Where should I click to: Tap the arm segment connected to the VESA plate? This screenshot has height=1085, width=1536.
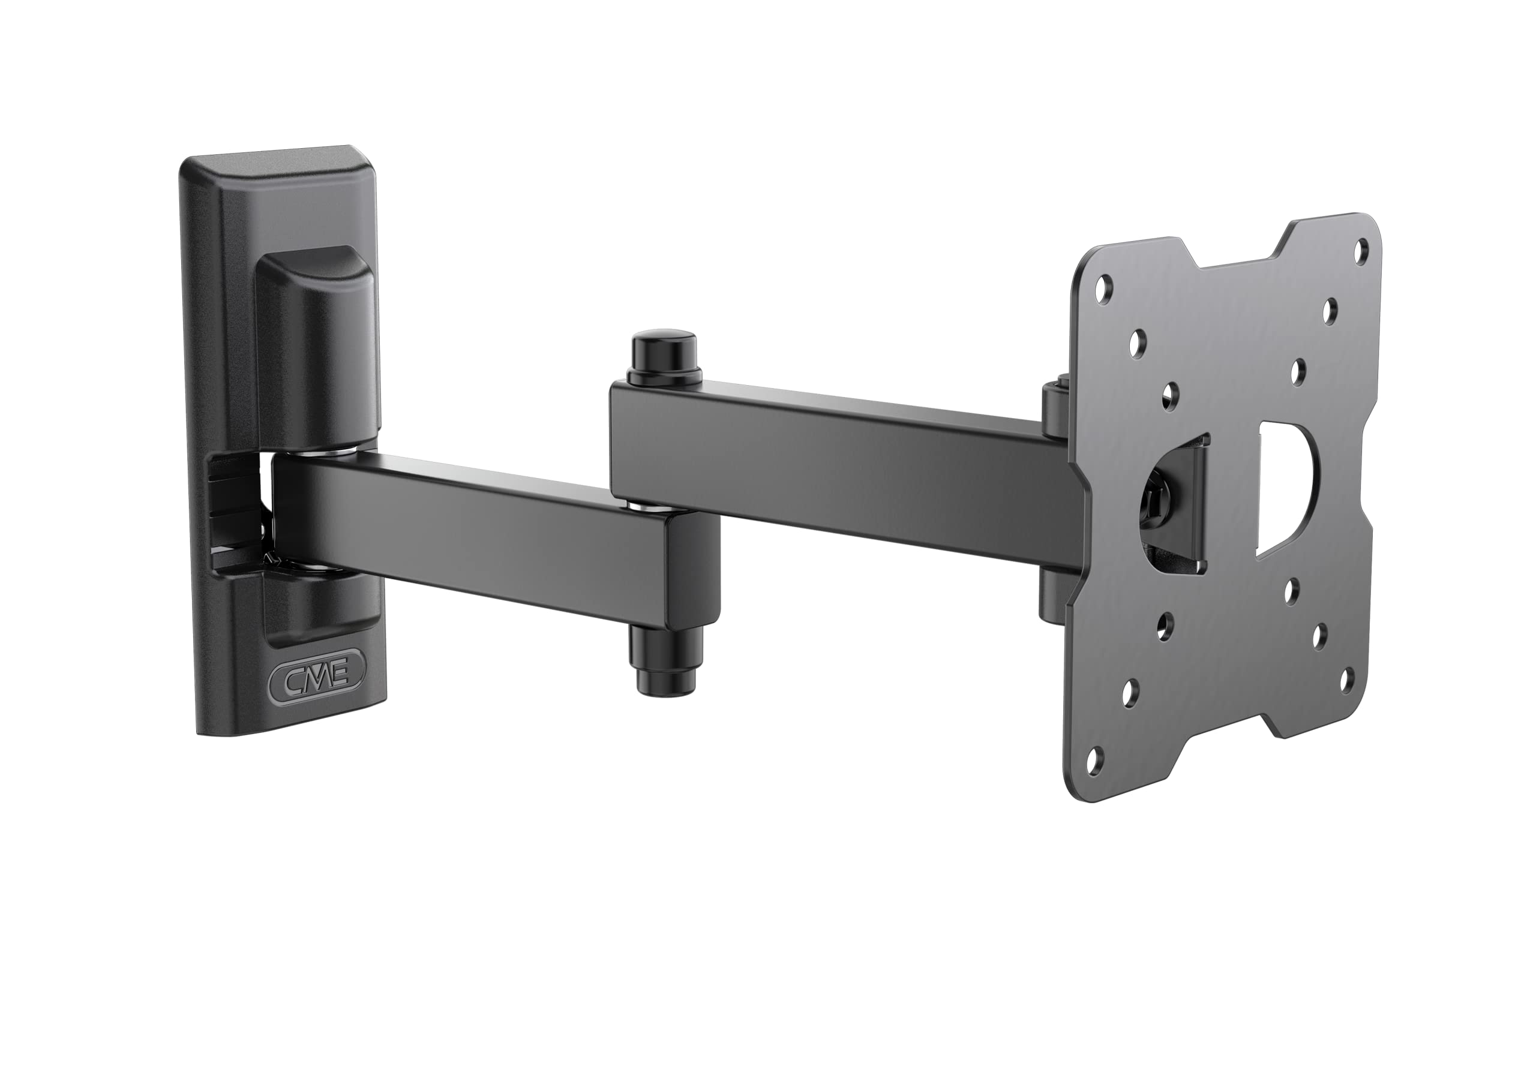[836, 462]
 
